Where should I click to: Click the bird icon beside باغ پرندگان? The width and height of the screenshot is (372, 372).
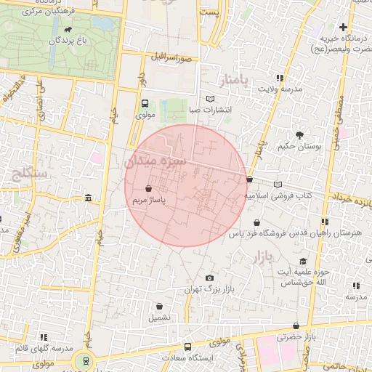tap(68, 30)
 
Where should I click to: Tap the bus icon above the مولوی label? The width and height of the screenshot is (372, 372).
tap(144, 103)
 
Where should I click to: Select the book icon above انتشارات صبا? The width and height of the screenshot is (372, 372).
tap(211, 98)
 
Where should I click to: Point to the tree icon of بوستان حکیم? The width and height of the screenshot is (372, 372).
tap(299, 134)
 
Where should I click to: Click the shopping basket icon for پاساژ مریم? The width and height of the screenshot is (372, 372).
tap(148, 187)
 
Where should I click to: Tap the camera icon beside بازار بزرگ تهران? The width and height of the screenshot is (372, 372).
tap(210, 278)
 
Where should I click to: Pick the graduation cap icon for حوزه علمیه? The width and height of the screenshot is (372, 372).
tap(303, 262)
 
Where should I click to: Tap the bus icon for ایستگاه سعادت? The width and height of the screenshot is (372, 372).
tap(188, 347)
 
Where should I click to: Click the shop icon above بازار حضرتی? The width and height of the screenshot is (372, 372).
tap(296, 326)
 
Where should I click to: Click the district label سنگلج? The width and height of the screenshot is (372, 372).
tap(27, 173)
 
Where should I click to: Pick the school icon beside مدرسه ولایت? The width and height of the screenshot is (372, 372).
tap(278, 77)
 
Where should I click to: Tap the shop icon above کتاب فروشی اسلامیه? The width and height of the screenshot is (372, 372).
tap(250, 179)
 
